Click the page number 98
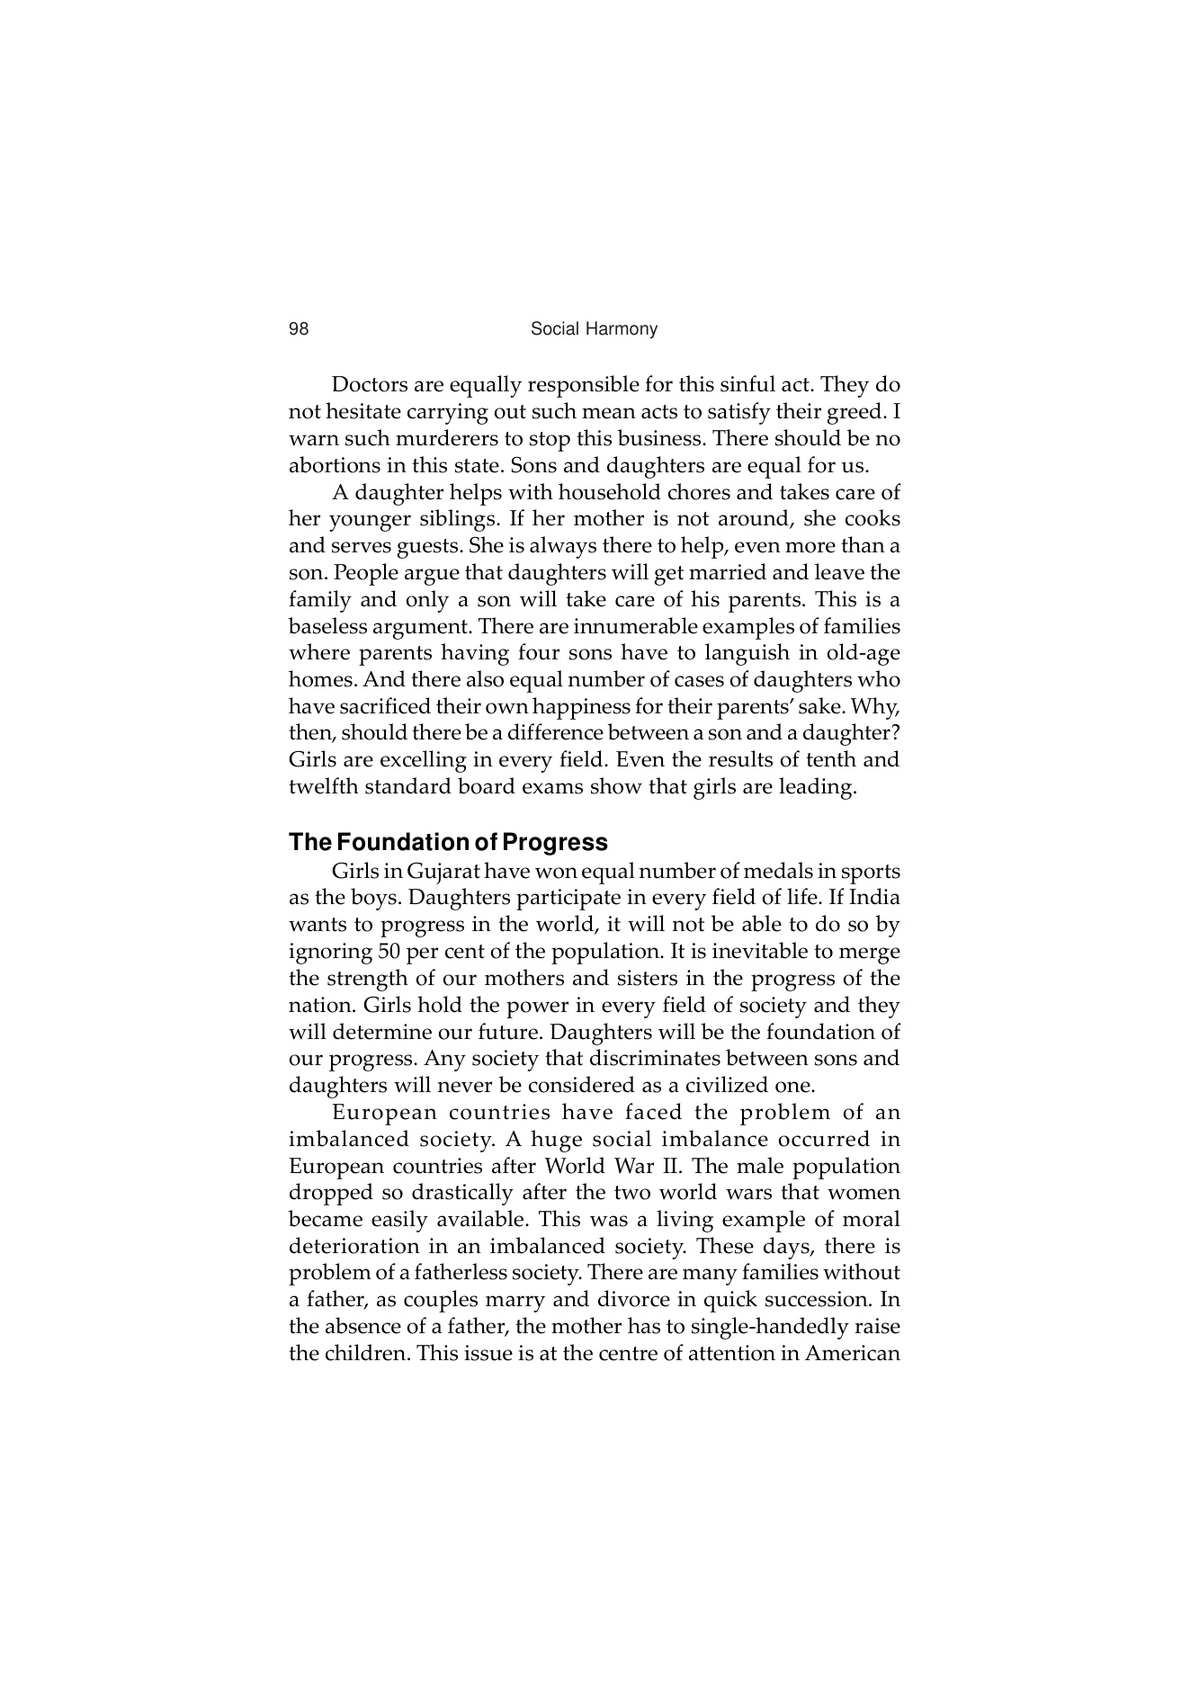coord(299,329)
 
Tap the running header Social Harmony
coord(594,329)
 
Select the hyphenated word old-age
coord(863,653)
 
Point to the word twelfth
coord(326,787)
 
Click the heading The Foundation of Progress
coord(448,842)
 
